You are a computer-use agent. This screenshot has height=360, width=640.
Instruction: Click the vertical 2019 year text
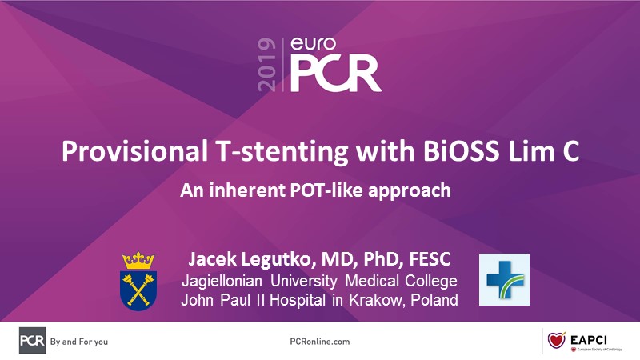click(266, 65)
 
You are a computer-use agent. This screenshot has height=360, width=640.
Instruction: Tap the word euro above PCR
click(313, 44)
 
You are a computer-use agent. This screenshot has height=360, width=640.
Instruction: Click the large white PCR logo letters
click(335, 74)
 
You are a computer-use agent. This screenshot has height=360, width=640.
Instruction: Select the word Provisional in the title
click(134, 151)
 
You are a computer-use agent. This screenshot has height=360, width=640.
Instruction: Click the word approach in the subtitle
click(410, 191)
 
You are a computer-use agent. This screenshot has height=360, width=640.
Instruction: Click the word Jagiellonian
click(222, 282)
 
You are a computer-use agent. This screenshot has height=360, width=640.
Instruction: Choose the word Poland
click(434, 300)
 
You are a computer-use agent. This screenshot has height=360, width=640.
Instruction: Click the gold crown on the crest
click(138, 261)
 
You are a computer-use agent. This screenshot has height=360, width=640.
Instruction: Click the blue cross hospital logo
click(505, 279)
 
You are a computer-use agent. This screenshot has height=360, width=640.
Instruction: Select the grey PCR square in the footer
click(33, 341)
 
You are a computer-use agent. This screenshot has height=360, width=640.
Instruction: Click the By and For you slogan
click(79, 342)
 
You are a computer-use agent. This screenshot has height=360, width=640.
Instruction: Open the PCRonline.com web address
click(320, 342)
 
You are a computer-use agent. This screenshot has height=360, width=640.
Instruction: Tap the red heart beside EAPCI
click(556, 340)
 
